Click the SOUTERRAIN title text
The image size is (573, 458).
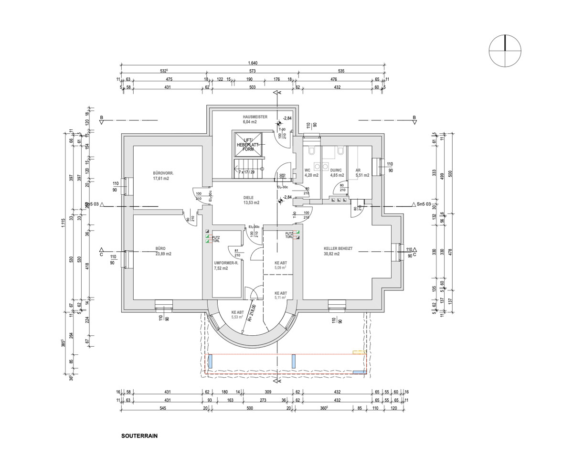pos(139,436)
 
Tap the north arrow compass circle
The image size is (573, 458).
pos(505,51)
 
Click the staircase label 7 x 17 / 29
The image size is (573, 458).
pos(247,171)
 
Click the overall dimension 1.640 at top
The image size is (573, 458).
pos(253,64)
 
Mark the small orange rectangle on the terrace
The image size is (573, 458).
pos(359,352)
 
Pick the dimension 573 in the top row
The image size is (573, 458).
pos(253,71)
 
